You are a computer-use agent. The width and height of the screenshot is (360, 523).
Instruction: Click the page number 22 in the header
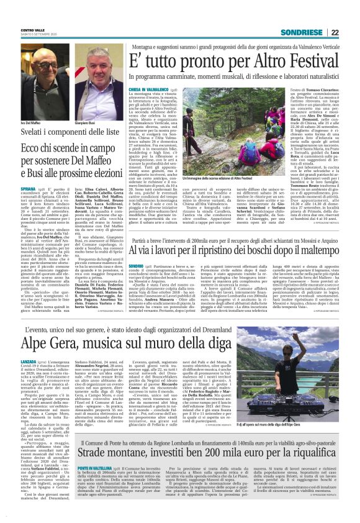[x=352, y=33]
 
